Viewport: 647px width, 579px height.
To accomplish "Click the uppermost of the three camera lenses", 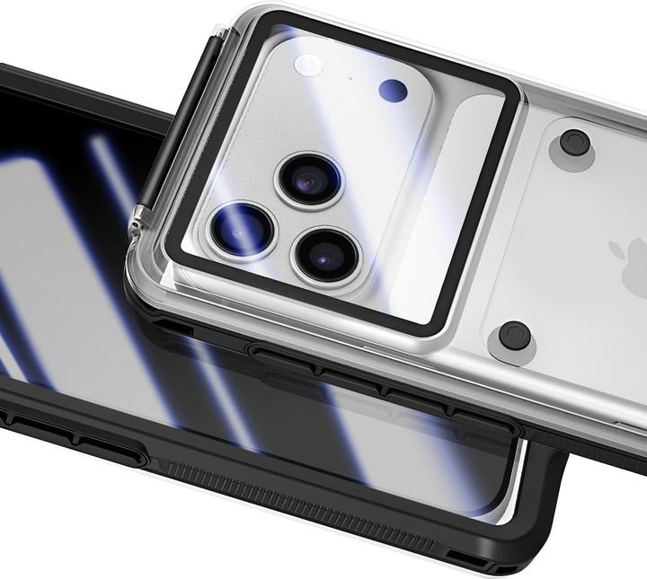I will [x=308, y=179].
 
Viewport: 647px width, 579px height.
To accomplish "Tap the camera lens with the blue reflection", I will [x=242, y=230].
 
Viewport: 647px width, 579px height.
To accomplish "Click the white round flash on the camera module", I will [x=310, y=66].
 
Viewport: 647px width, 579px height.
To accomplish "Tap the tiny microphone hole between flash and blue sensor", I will [x=349, y=79].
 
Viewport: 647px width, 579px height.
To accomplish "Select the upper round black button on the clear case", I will [x=575, y=143].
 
